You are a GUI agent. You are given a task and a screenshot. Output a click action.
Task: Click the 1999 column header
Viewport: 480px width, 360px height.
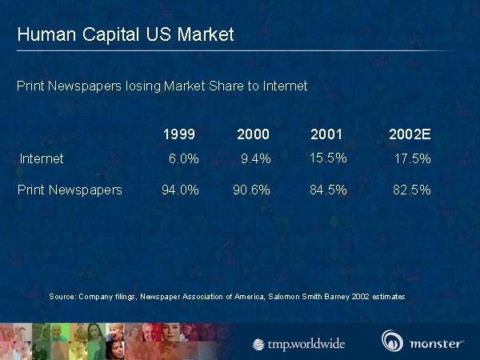[x=178, y=134]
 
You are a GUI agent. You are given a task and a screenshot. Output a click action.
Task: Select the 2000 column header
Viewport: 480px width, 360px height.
[x=253, y=134]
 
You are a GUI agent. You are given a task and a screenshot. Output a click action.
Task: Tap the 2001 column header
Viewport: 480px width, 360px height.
[x=326, y=134]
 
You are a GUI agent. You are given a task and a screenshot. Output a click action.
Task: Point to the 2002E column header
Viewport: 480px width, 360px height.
[x=410, y=134]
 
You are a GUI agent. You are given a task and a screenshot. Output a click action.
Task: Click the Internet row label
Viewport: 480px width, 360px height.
[x=42, y=158]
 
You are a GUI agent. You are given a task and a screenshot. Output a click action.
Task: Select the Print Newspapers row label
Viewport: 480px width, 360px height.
[x=70, y=190]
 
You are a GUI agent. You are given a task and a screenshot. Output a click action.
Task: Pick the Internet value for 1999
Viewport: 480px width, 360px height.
[x=183, y=158]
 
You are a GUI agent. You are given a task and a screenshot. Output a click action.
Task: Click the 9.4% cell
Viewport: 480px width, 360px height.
[x=256, y=158]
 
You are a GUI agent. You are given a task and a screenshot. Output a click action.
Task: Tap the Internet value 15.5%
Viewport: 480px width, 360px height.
[x=328, y=158]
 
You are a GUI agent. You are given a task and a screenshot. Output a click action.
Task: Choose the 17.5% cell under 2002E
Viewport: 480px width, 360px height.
[x=413, y=158]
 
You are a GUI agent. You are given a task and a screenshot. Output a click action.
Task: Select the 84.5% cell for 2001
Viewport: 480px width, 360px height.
[x=328, y=190]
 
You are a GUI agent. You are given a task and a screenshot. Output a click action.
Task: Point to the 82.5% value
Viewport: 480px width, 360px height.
[x=412, y=190]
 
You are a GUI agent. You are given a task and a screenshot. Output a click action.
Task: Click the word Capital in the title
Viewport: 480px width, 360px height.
[x=102, y=34]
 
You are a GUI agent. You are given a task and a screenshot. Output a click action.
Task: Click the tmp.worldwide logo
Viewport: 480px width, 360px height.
[x=299, y=344]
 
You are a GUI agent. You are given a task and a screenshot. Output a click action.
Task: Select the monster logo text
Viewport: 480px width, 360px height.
[x=436, y=343]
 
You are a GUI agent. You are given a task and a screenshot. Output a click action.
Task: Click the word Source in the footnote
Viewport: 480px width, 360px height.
[x=62, y=296]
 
